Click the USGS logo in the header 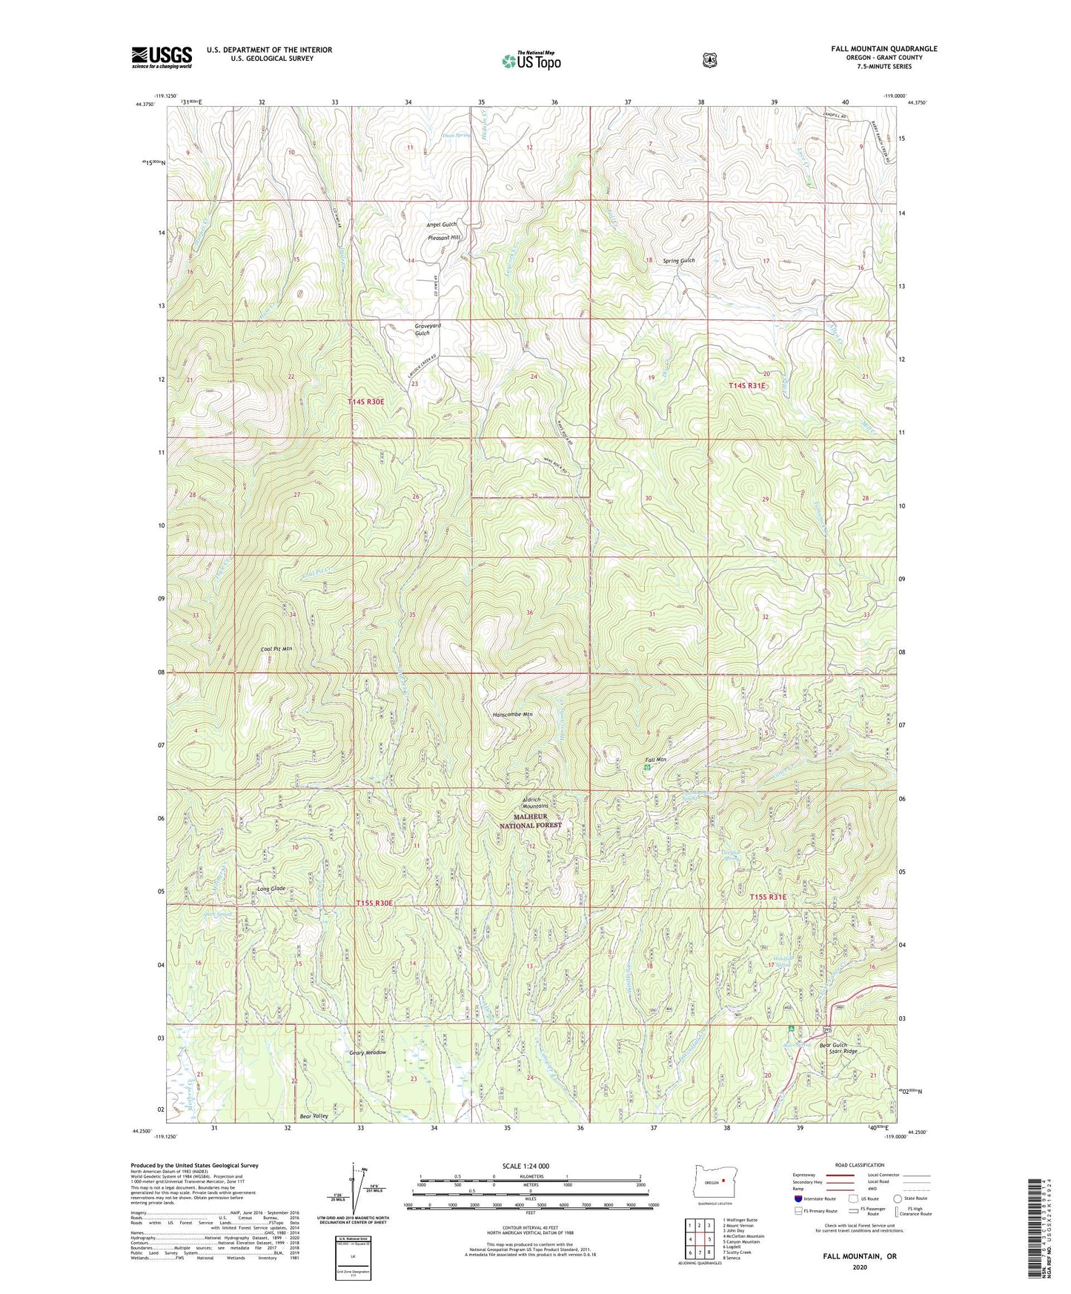pyautogui.click(x=162, y=57)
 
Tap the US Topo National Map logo pyautogui.click(x=531, y=61)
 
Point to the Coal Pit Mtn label pyautogui.click(x=276, y=648)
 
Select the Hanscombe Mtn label pyautogui.click(x=512, y=714)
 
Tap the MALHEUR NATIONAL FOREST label pyautogui.click(x=531, y=820)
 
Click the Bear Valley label pyautogui.click(x=314, y=1115)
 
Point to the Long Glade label pyautogui.click(x=271, y=888)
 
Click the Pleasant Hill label pyautogui.click(x=444, y=237)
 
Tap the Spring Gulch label pyautogui.click(x=678, y=260)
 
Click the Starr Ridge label pyautogui.click(x=838, y=1051)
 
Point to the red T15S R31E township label pyautogui.click(x=767, y=897)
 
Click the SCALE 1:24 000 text pyautogui.click(x=525, y=1166)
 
